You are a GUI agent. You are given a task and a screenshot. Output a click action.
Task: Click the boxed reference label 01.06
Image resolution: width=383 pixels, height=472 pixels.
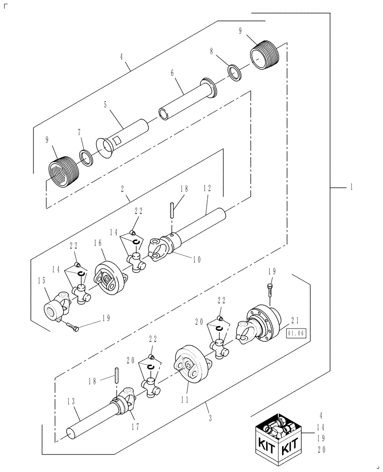pos(296,333)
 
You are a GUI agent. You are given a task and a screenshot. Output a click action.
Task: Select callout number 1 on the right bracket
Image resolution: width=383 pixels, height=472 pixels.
pos(351,187)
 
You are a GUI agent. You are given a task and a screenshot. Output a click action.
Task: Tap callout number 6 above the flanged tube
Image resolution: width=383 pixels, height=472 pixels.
pos(172,74)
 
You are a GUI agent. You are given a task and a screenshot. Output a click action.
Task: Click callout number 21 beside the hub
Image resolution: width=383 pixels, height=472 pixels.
pos(296,320)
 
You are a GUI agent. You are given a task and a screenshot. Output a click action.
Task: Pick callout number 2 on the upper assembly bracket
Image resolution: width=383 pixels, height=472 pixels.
pos(122,189)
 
